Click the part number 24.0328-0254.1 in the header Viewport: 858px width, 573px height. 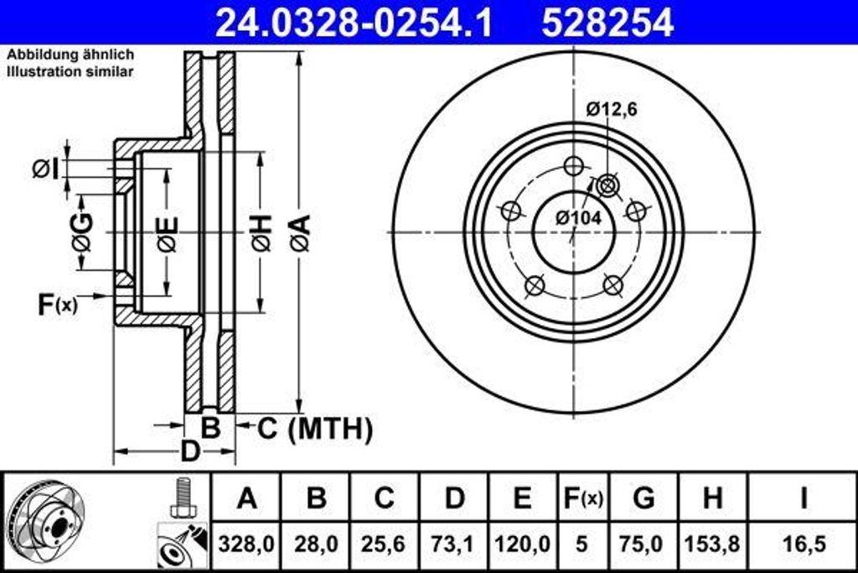[x=354, y=23]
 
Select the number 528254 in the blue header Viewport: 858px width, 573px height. [x=607, y=23]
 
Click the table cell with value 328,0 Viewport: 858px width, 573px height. [x=246, y=544]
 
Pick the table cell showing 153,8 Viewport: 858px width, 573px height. [x=712, y=544]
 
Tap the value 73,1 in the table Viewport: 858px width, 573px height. [x=453, y=544]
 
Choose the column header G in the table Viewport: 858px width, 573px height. [x=643, y=498]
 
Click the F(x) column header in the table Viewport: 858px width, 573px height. [x=581, y=498]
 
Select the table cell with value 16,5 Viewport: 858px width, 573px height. [x=802, y=544]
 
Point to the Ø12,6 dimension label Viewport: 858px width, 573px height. [x=612, y=108]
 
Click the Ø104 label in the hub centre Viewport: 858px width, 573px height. [x=578, y=217]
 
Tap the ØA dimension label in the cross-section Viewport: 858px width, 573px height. [x=300, y=232]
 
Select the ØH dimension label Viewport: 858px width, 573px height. [x=261, y=232]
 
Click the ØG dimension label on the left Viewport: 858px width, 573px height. [x=82, y=232]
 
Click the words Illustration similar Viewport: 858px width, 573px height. [x=70, y=71]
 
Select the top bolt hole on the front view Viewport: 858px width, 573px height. [x=573, y=166]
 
